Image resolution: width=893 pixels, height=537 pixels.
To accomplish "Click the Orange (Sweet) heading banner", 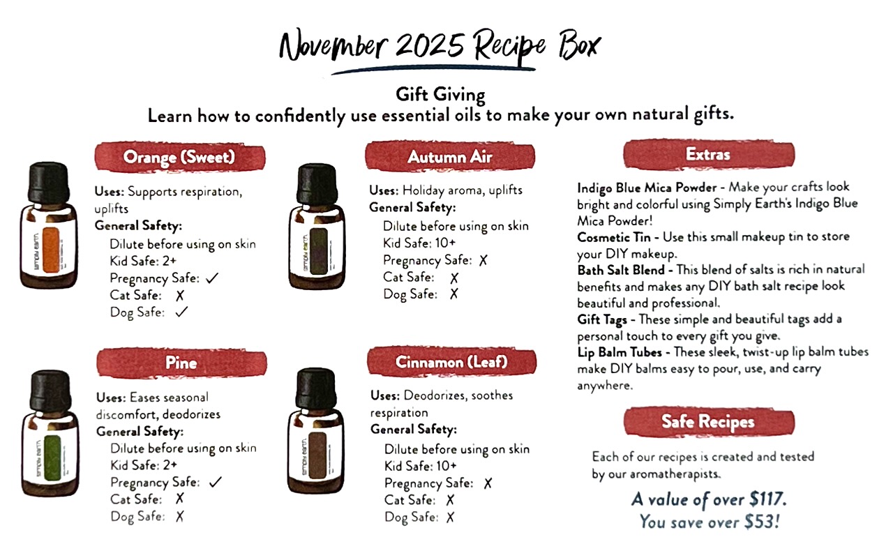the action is (x=180, y=157).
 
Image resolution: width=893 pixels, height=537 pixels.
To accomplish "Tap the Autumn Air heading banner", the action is (x=450, y=156).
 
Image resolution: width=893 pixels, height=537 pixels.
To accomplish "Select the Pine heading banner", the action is (x=181, y=363).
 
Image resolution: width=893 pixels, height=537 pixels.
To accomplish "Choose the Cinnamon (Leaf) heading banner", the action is (x=451, y=362).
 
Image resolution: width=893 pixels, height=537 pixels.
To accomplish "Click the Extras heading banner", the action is (x=709, y=154).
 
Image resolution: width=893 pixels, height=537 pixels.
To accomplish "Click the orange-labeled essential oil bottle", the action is (x=49, y=225).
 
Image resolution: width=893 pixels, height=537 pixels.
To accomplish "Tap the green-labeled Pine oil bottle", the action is (x=50, y=433).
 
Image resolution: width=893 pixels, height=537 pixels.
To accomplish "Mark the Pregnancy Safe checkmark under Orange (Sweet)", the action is (x=212, y=278).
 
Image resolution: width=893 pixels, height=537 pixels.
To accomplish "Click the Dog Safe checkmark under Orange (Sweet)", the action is (x=181, y=312).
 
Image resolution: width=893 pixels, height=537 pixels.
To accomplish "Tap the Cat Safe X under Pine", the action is (x=180, y=499).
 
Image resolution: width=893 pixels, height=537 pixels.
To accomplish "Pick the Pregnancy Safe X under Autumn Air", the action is (x=483, y=261).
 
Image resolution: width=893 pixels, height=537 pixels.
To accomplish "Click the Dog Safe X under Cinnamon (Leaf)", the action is (x=451, y=517).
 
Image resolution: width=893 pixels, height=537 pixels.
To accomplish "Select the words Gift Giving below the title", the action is (x=440, y=95).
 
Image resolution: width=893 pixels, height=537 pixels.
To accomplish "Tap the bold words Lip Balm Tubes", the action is (x=620, y=352).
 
